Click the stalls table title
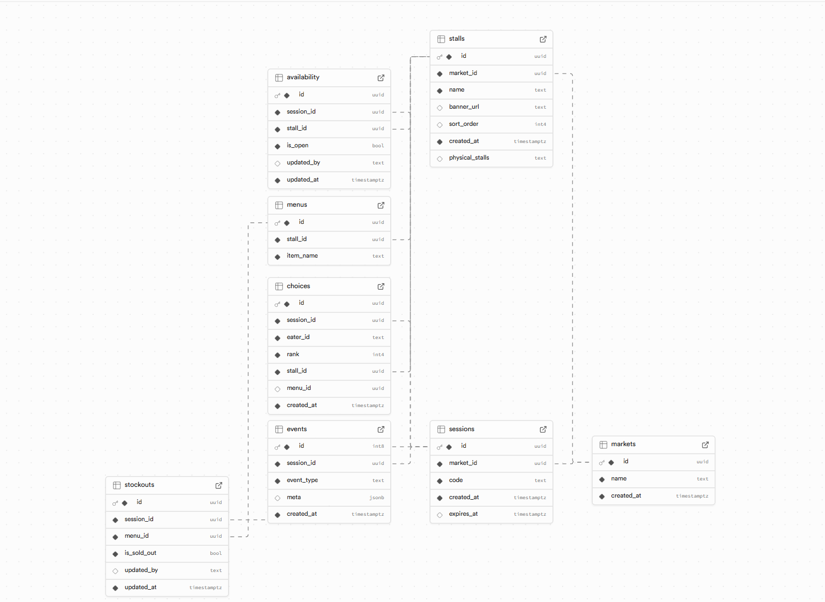[457, 39]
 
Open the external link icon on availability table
[381, 78]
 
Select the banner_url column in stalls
[464, 107]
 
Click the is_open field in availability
[297, 146]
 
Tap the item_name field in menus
[302, 256]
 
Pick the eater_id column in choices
[298, 337]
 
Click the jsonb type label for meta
[376, 498]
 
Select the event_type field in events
[302, 480]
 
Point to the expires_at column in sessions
[463, 514]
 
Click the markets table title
[623, 445]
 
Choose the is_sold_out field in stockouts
[140, 553]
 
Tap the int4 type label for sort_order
[540, 124]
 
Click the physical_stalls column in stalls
[469, 158]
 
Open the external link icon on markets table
[705, 445]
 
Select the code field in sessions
[456, 480]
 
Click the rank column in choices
[293, 355]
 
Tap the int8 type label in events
[378, 446]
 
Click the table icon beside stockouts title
[117, 485]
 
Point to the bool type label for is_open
[378, 146]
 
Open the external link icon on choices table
[381, 287]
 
